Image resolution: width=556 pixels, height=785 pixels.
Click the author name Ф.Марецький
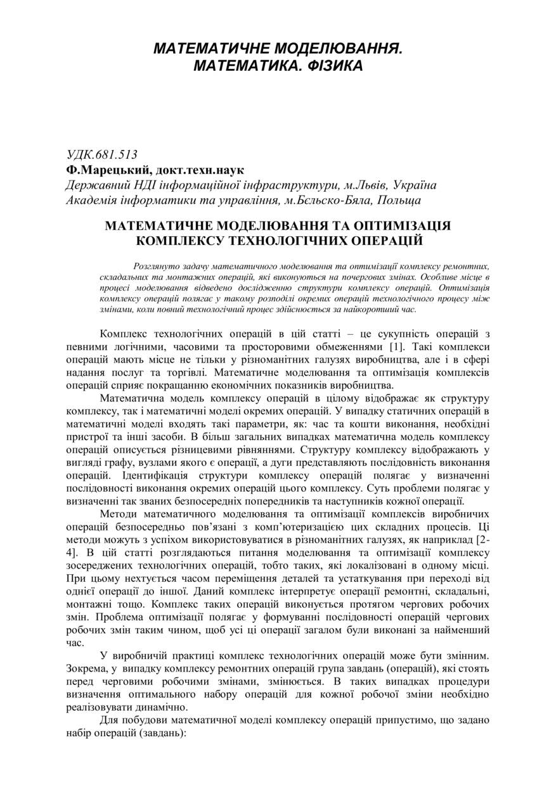(x=105, y=170)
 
